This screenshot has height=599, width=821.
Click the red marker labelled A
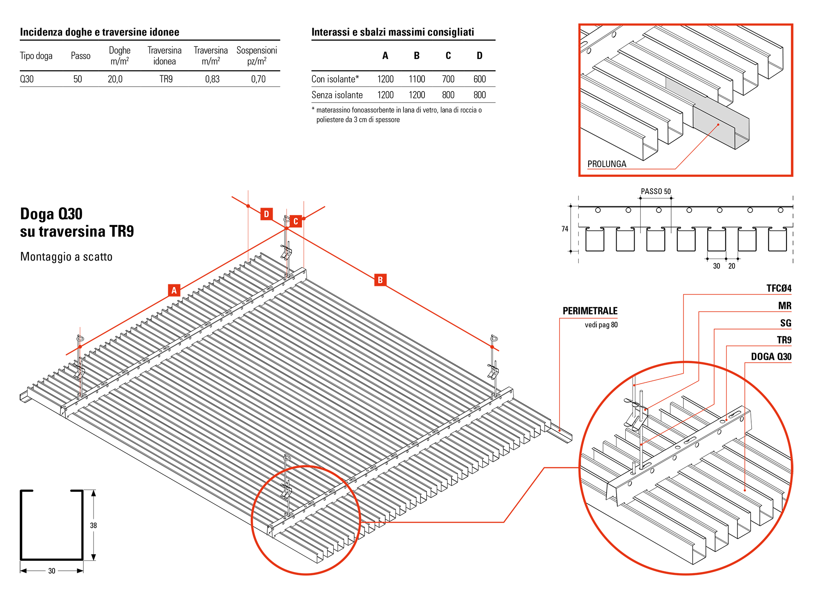pos(174,290)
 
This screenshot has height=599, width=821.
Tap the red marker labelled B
pos(380,280)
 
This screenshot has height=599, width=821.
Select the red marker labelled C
pos(296,221)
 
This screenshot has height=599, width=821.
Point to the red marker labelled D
pos(266,214)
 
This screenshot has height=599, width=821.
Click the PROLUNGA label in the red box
pos(607,164)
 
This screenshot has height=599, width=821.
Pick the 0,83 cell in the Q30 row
pos(212,79)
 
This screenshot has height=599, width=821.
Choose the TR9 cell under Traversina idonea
pos(166,79)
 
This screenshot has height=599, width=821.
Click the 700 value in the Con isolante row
pos(448,79)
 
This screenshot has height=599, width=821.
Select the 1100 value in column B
pos(417,79)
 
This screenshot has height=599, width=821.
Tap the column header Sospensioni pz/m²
pos(257,56)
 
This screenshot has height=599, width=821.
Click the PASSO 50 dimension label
pos(656,192)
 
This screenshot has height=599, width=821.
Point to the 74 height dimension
pos(565,229)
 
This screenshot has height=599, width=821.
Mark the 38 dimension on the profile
pos(94,526)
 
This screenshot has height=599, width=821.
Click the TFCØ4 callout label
pos(779,288)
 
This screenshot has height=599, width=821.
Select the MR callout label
pos(785,306)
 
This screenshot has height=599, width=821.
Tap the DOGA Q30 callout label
pos(771,357)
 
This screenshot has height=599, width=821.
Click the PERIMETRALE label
pos(590,311)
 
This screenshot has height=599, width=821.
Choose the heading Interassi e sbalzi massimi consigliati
pos(393,32)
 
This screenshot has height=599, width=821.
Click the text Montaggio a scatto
pos(66,257)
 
